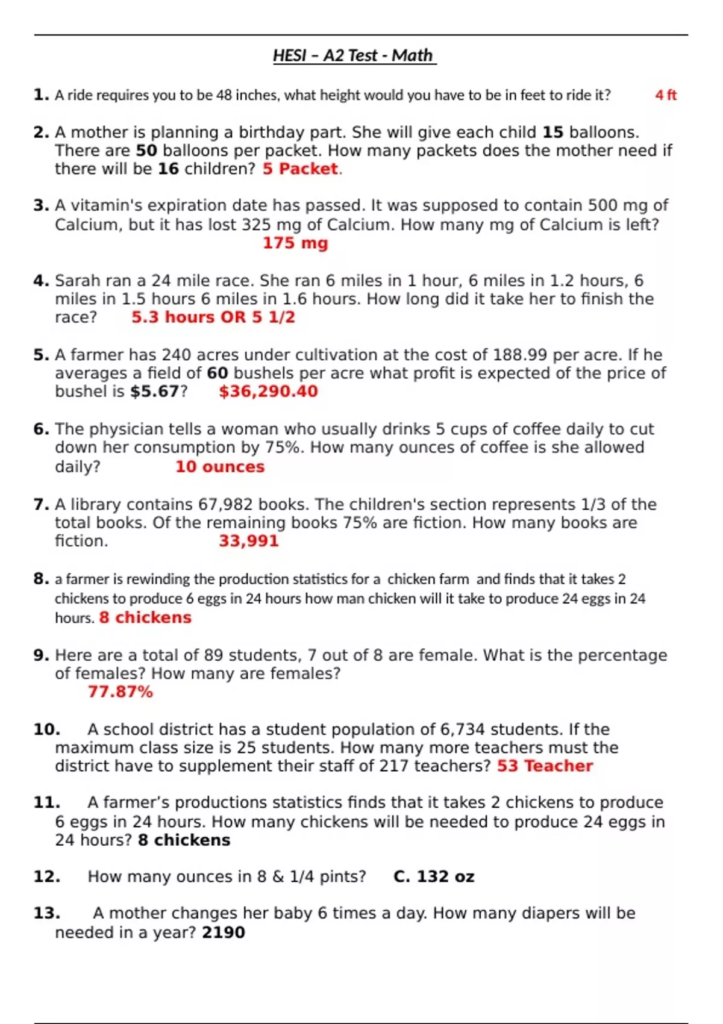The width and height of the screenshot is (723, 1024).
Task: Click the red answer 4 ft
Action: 666,95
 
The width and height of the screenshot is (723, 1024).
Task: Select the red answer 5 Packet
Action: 301,169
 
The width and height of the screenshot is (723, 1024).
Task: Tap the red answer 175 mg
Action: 295,243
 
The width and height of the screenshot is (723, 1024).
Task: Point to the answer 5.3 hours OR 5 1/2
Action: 213,317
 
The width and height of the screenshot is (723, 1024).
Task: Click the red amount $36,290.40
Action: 268,392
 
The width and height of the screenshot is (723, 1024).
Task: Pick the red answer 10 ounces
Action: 220,467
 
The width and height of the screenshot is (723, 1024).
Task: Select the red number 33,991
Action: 249,541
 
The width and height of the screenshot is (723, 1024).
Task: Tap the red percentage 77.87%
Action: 120,692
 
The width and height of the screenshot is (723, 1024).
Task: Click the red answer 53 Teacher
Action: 545,766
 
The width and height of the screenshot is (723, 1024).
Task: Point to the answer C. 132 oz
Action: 434,876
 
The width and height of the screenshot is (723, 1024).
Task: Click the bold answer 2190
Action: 224,932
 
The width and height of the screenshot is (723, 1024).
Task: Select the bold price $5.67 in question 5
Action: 154,392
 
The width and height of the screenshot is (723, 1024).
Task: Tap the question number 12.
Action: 46,876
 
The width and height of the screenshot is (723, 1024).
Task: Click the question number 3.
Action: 41,205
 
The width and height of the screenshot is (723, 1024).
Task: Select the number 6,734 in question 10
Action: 462,729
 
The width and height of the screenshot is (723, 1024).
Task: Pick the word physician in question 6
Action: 135,429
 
